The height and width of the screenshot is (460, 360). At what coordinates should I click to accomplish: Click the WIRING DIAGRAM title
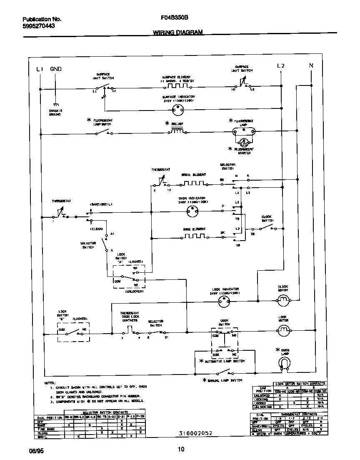pyautogui.click(x=178, y=32)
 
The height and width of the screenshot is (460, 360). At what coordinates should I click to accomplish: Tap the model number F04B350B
pyautogui.click(x=174, y=18)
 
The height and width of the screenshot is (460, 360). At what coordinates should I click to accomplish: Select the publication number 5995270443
pyautogui.click(x=38, y=26)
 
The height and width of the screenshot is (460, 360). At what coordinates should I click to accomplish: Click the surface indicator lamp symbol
pyautogui.click(x=178, y=109)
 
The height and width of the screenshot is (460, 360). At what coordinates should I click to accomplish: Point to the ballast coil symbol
pyautogui.click(x=177, y=131)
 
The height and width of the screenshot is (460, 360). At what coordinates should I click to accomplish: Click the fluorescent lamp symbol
pyautogui.click(x=243, y=132)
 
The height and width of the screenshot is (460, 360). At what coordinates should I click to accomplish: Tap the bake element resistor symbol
pyautogui.click(x=194, y=236)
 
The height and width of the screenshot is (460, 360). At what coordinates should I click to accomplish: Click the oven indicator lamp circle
pyautogui.click(x=192, y=212)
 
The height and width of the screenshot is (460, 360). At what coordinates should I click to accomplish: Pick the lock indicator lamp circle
pyautogui.click(x=224, y=302)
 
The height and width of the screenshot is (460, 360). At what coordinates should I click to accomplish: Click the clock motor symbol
pyautogui.click(x=283, y=299)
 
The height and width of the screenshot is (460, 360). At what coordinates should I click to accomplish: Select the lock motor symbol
pyautogui.click(x=283, y=331)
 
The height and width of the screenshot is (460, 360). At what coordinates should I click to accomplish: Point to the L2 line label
pyautogui.click(x=280, y=65)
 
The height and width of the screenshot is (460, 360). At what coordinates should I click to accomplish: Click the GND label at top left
pyautogui.click(x=55, y=69)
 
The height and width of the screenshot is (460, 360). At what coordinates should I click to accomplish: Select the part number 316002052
pyautogui.click(x=193, y=433)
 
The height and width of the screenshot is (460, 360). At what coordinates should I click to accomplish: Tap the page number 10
pyautogui.click(x=181, y=449)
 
